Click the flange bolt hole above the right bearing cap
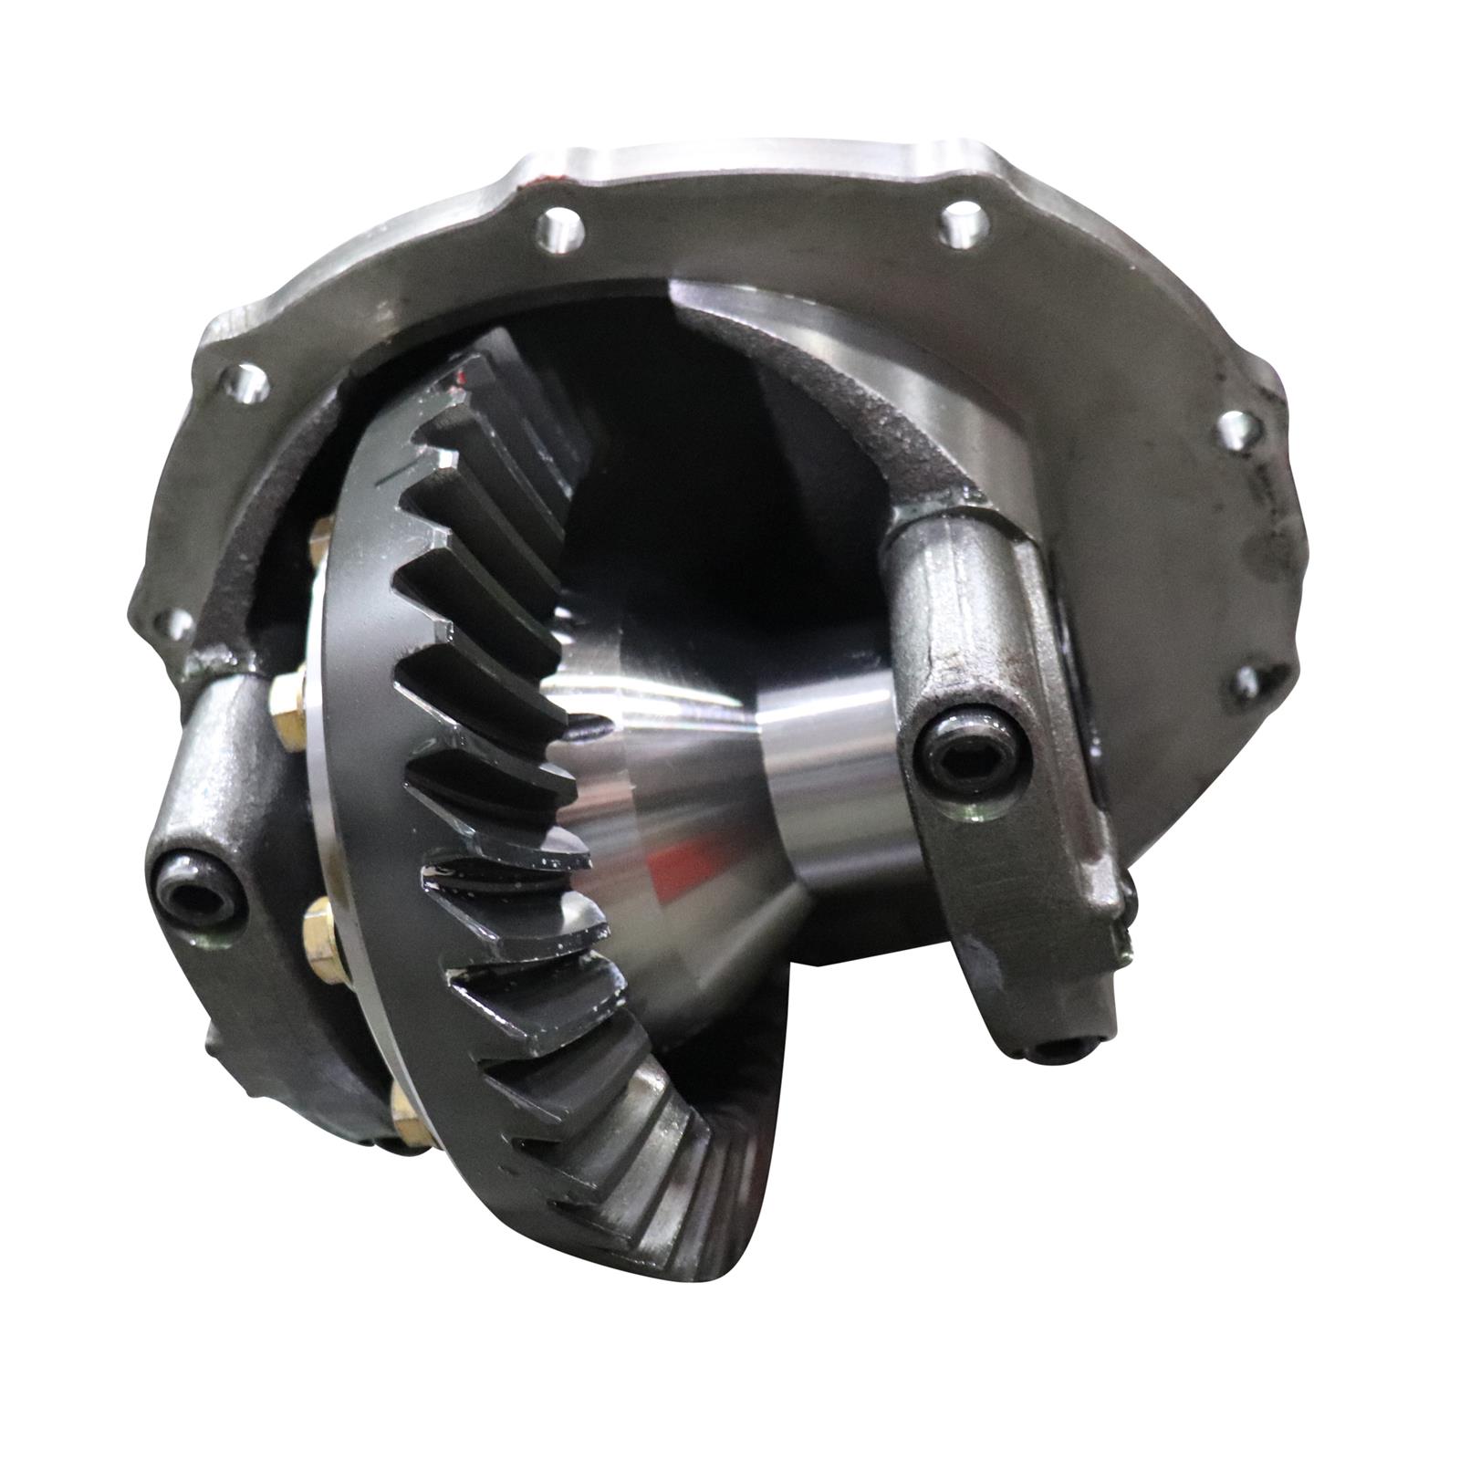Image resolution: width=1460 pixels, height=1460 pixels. coord(1236,428)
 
